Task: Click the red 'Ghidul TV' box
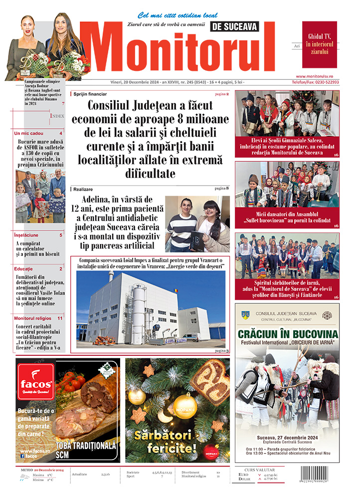pos(319,44)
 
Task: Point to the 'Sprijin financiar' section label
pos(90,94)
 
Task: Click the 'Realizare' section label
pos(83,189)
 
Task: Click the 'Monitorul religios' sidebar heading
pos(31,318)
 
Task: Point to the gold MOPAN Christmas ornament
pos(184,405)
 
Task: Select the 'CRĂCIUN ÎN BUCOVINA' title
pos(287,333)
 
